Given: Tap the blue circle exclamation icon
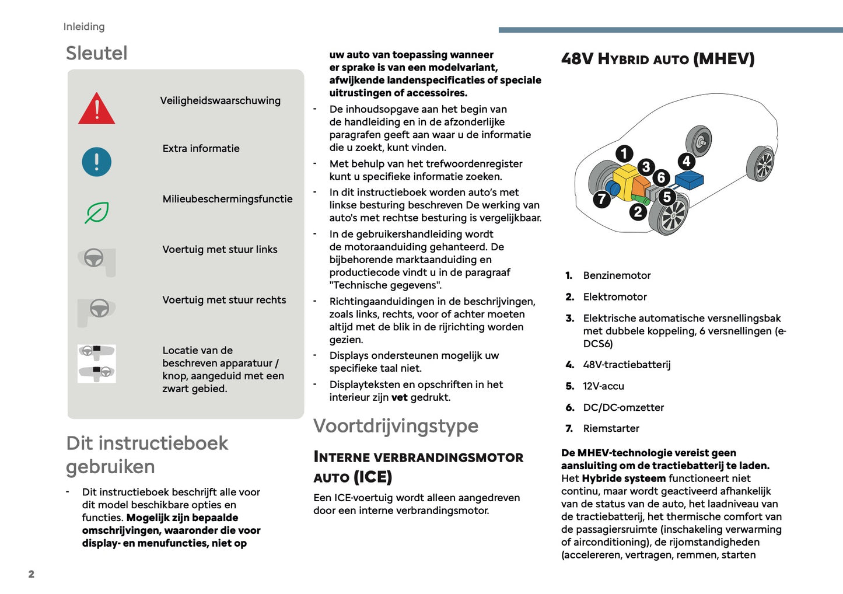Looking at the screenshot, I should (x=97, y=162).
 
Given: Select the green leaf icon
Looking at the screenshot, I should (x=97, y=212).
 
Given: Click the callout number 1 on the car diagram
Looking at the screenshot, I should (x=624, y=153).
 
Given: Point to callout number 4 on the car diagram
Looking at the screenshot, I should (x=686, y=161).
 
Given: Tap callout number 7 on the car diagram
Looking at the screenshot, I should (x=601, y=200).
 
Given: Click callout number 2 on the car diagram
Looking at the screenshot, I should (x=638, y=212).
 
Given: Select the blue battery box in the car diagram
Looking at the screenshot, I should (x=690, y=179).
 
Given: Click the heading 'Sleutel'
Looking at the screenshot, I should (x=96, y=53).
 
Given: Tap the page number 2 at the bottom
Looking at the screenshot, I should (x=32, y=574).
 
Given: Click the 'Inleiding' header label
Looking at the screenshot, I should (x=84, y=27).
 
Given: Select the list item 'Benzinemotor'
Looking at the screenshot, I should (x=617, y=275).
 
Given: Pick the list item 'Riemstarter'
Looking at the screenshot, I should (x=611, y=428).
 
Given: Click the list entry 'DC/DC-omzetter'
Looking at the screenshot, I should (x=623, y=407).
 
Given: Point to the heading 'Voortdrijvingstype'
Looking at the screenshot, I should (x=396, y=426).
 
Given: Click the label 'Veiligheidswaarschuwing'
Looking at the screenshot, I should (x=220, y=100).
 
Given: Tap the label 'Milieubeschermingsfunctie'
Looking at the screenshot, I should (x=228, y=199).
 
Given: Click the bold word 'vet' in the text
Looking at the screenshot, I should (x=399, y=397).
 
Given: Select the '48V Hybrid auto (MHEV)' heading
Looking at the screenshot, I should (x=657, y=59).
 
